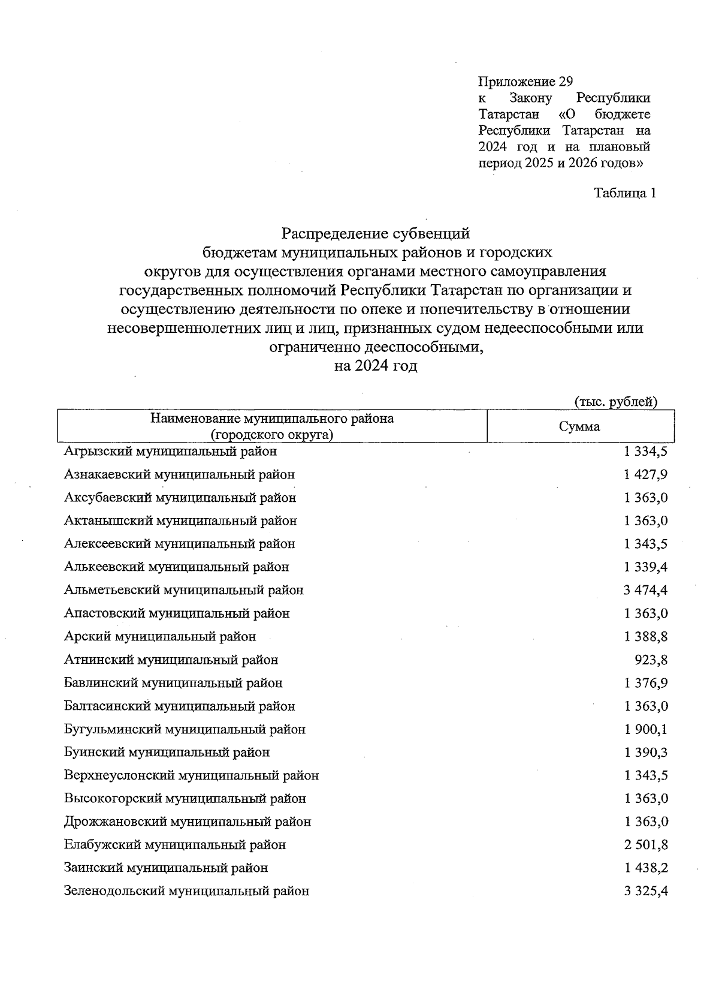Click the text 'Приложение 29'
[525, 82]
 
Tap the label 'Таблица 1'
[625, 193]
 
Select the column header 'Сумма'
[579, 427]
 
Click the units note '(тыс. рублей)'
[616, 402]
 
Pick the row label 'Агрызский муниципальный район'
[170, 451]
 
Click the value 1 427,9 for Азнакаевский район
[645, 474]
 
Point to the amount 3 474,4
[645, 590]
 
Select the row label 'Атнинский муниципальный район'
[171, 660]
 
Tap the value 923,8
[651, 660]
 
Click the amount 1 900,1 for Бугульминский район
[645, 729]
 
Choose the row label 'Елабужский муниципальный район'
[175, 845]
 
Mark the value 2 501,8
[645, 845]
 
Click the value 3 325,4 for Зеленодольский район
[645, 891]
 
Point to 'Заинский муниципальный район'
[166, 868]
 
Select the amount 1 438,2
[645, 868]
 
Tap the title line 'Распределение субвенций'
[376, 233]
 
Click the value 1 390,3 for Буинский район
[645, 752]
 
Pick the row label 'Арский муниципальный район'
[160, 636]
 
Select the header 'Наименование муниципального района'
[272, 419]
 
